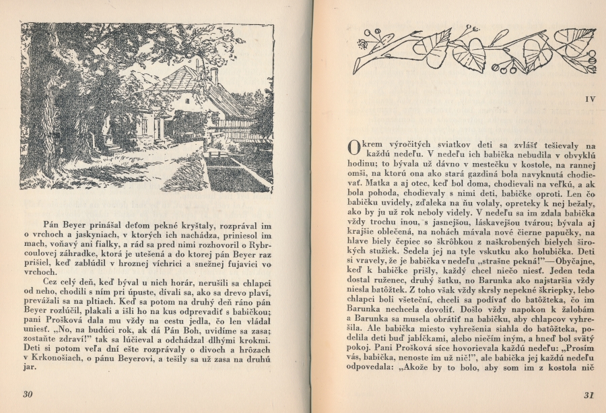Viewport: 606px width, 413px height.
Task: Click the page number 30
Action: (28, 394)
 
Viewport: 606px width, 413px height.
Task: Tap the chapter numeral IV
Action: (591, 99)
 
